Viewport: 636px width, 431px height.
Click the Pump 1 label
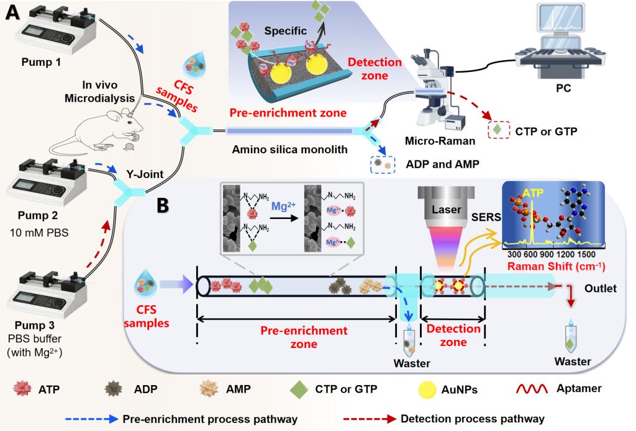click(39, 63)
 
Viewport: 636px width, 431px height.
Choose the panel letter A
click(14, 14)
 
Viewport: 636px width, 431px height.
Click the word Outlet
click(599, 288)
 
